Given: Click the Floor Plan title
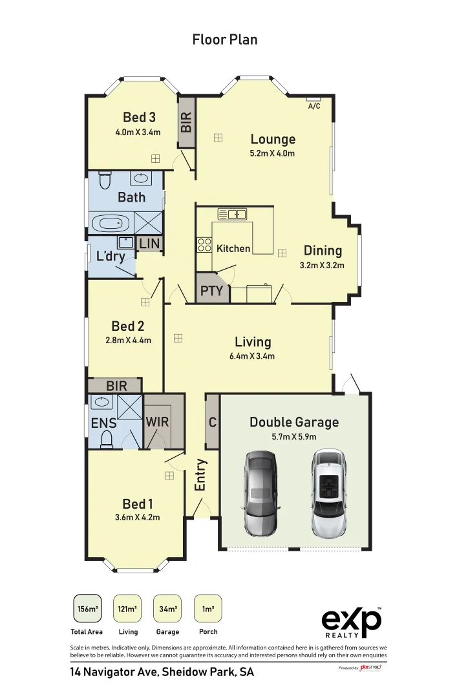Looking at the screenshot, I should coord(225,39).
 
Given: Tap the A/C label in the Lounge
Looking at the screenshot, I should coord(314,106).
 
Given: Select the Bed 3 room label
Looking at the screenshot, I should coord(139,117).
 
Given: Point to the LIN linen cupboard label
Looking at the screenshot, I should coord(149,243).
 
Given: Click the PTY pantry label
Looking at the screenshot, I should coord(211,290).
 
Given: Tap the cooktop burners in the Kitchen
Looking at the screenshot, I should coord(204,245).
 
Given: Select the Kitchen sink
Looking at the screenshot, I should coord(232,213).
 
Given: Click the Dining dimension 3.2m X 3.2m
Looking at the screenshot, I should coord(322,265).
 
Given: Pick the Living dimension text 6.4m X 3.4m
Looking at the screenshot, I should coord(252,356).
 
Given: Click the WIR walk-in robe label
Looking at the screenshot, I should coord(157,421).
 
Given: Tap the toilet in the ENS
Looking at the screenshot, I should coord(108,439).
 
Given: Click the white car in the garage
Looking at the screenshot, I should coord(330,489).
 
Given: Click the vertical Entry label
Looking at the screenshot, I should coord(200,475).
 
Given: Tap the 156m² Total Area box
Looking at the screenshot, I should coord(87,608).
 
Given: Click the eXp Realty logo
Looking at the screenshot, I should coord(352,622).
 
